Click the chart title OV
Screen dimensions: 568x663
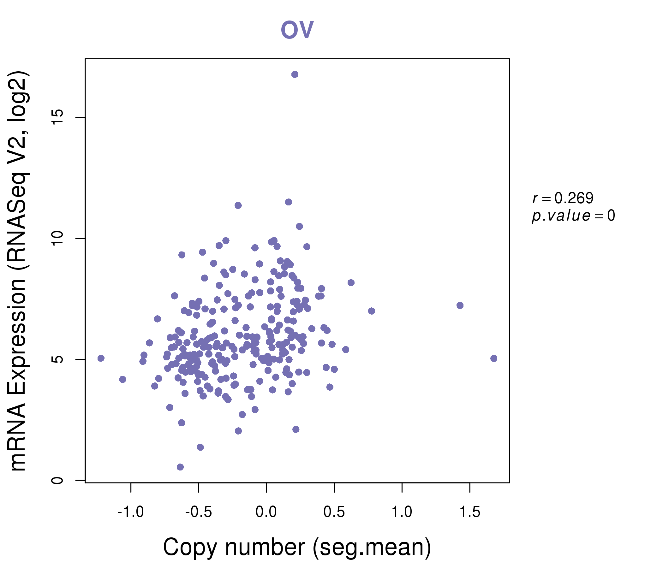point(297,30)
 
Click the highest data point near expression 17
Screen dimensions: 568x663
point(295,74)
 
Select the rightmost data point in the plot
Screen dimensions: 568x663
point(494,358)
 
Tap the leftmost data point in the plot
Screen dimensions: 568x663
point(101,358)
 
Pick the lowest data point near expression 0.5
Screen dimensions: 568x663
point(180,467)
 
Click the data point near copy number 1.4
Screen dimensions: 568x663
point(460,305)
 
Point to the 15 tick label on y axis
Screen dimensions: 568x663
point(57,118)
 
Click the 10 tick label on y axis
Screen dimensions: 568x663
point(57,239)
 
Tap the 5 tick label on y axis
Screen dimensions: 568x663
point(57,359)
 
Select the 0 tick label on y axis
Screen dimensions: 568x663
point(57,480)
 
